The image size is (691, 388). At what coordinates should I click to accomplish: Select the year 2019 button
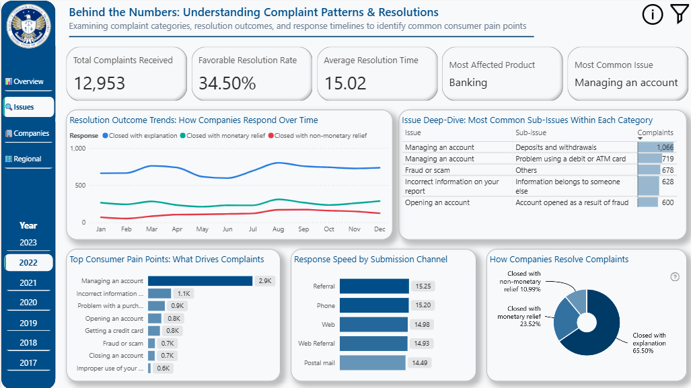28,323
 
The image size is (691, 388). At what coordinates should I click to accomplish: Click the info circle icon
653,14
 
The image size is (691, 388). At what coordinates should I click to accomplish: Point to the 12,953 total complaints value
100,83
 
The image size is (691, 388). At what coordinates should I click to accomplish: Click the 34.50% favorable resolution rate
227,83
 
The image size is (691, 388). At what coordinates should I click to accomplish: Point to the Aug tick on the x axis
278,229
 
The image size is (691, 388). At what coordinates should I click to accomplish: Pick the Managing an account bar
200,281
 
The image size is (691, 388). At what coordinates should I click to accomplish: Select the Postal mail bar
372,363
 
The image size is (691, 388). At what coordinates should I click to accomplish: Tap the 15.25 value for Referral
423,286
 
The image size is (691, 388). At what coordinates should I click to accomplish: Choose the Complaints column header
655,133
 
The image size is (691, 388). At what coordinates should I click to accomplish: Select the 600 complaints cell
667,202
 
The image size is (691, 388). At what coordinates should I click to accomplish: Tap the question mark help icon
675,277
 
